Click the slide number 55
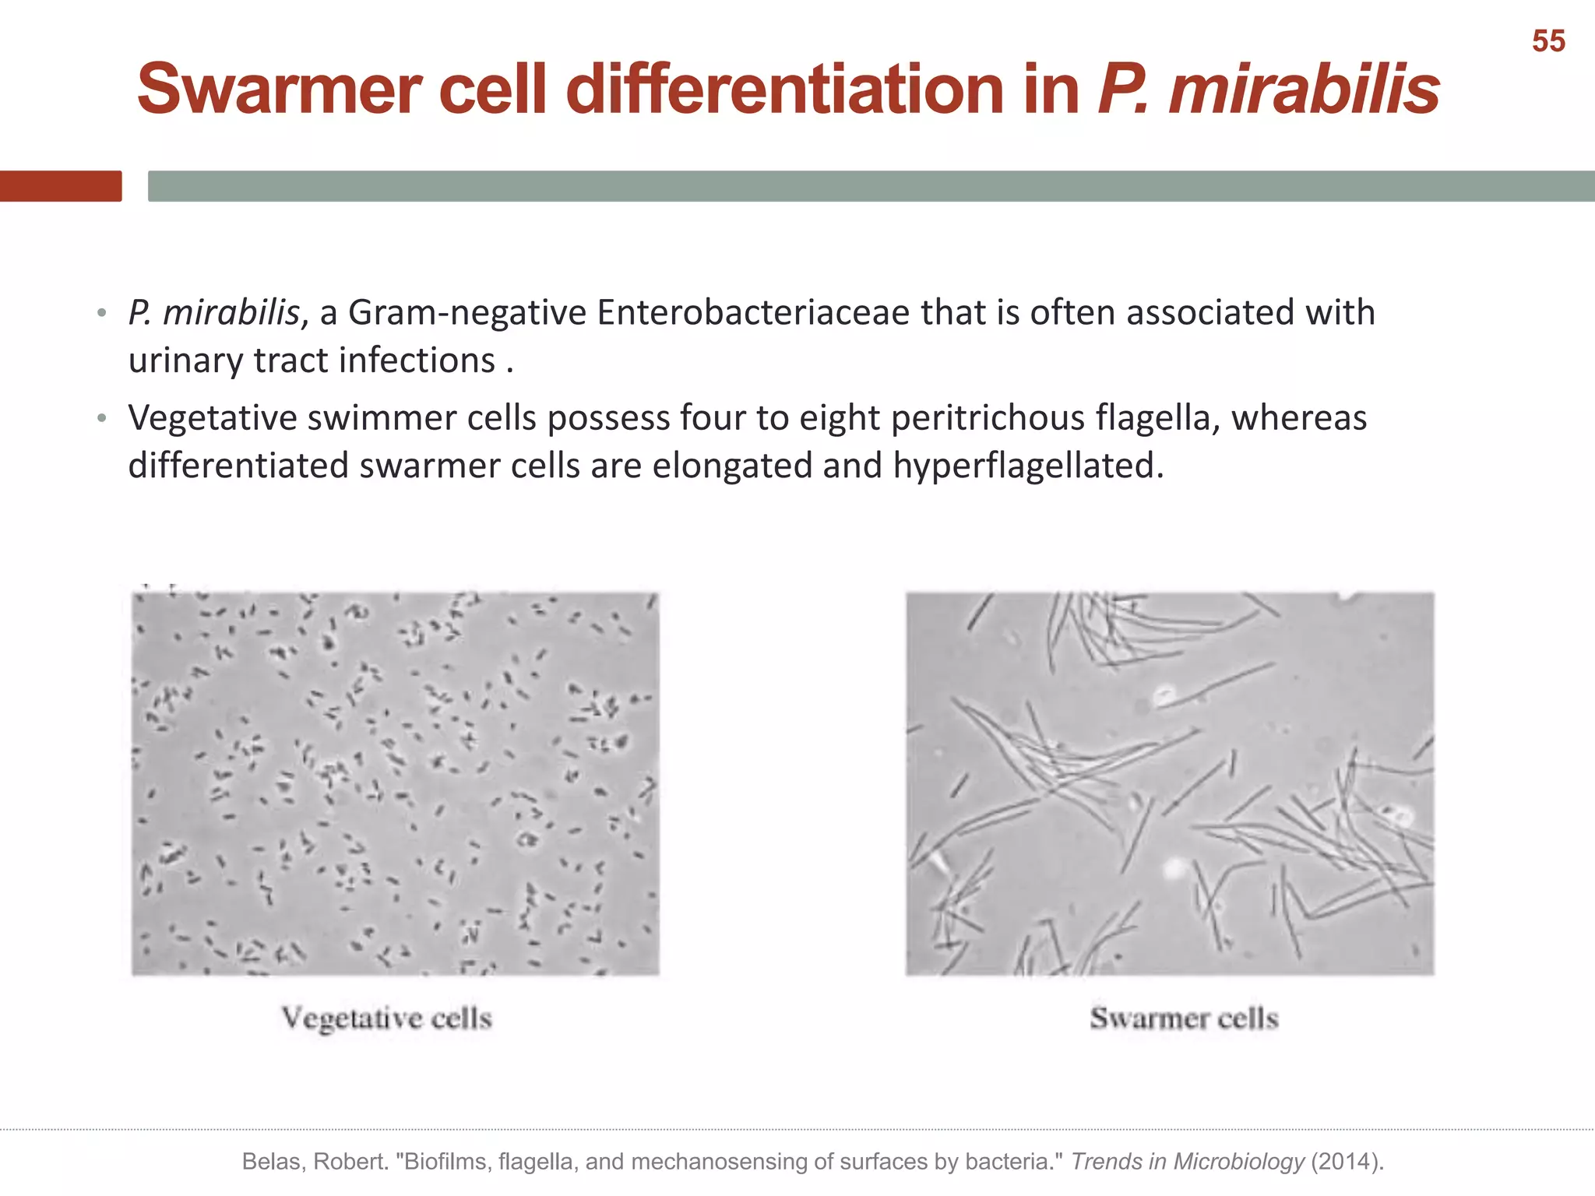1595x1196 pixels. [x=1548, y=41]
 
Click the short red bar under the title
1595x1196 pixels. [x=61, y=186]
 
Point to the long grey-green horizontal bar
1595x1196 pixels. [x=871, y=186]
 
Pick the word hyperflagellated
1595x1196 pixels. [x=1027, y=466]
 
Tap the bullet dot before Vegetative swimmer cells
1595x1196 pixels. [x=101, y=419]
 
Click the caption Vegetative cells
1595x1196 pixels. [x=387, y=1018]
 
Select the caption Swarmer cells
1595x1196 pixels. [x=1184, y=1018]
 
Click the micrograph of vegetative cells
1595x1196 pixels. [x=395, y=783]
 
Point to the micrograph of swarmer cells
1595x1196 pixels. [x=1170, y=783]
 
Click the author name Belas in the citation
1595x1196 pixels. [x=273, y=1162]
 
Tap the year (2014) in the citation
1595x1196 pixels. [x=1347, y=1162]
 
